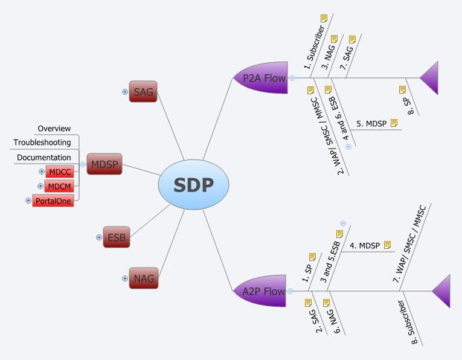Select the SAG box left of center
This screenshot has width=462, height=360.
pos(143,92)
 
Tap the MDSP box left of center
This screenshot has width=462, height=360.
pos(104,164)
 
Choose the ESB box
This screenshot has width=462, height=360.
pos(116,237)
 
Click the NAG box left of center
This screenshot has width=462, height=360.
pos(144,278)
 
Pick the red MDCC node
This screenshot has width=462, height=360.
pos(60,172)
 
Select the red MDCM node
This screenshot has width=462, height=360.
pos(60,187)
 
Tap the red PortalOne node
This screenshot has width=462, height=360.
pos(53,201)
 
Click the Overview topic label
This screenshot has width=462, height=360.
pos(54,129)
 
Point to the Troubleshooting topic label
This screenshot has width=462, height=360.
pos(42,143)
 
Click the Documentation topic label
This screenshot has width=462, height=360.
pos(44,158)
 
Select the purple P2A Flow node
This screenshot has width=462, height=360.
pos(261,78)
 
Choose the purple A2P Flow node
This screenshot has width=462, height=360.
pos(261,291)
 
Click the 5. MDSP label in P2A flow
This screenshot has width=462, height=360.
pos(371,123)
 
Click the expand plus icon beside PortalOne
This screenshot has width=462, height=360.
pos(28,201)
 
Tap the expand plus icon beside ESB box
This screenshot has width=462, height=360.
pos(99,237)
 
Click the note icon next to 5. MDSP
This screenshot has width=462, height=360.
pos(394,123)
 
